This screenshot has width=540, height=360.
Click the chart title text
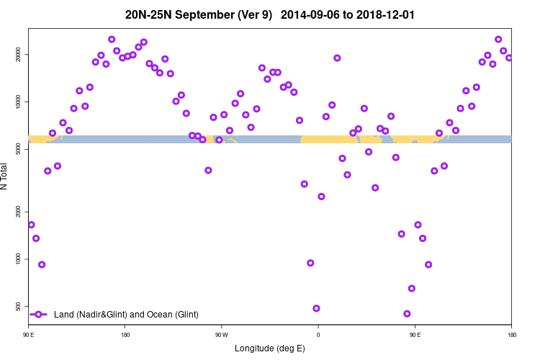click(x=270, y=14)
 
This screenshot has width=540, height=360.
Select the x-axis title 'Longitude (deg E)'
click(x=270, y=348)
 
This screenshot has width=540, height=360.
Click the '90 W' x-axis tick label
click(x=221, y=335)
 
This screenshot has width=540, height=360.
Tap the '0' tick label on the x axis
click(x=318, y=335)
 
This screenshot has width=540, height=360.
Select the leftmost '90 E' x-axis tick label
click(x=28, y=335)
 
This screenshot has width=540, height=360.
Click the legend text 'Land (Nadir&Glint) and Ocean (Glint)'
click(x=126, y=315)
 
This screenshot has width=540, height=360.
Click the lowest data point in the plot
click(x=407, y=314)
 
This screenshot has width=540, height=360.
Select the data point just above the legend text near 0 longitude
click(x=316, y=308)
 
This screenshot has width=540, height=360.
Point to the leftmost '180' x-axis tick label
click(x=125, y=335)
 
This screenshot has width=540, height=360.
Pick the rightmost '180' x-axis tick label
click(x=511, y=335)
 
